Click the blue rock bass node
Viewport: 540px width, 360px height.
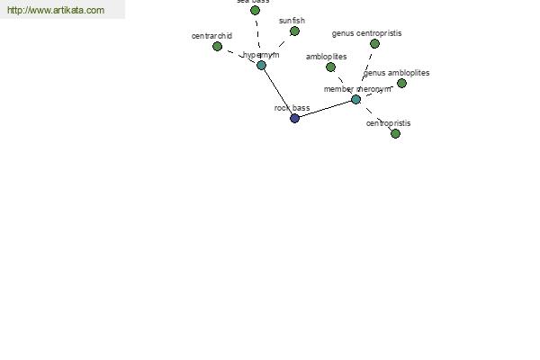click(x=294, y=118)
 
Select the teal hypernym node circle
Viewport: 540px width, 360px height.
click(x=261, y=65)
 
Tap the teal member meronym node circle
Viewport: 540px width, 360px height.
click(x=355, y=99)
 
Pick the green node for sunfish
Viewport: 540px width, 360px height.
click(x=294, y=31)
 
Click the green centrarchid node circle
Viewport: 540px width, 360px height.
click(x=217, y=46)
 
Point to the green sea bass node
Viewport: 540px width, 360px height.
click(x=255, y=10)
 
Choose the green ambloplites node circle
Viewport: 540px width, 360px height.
click(x=330, y=67)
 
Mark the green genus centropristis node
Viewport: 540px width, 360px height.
click(x=374, y=43)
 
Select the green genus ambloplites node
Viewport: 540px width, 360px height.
click(x=401, y=83)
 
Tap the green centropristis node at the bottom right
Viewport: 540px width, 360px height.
click(x=395, y=133)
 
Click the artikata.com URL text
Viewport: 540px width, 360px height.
click(x=56, y=10)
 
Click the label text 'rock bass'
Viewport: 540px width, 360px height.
click(x=292, y=108)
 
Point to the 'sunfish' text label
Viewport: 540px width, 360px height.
click(x=292, y=20)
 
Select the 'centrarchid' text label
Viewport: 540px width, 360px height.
click(x=211, y=36)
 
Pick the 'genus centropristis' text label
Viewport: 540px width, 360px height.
click(x=366, y=33)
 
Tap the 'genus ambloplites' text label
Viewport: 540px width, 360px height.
click(x=397, y=73)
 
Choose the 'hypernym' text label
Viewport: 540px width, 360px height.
click(x=262, y=55)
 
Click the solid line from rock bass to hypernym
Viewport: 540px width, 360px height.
click(x=277, y=91)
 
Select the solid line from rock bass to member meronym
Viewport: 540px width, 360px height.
click(x=325, y=108)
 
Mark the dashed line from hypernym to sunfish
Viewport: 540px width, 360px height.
click(x=279, y=47)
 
